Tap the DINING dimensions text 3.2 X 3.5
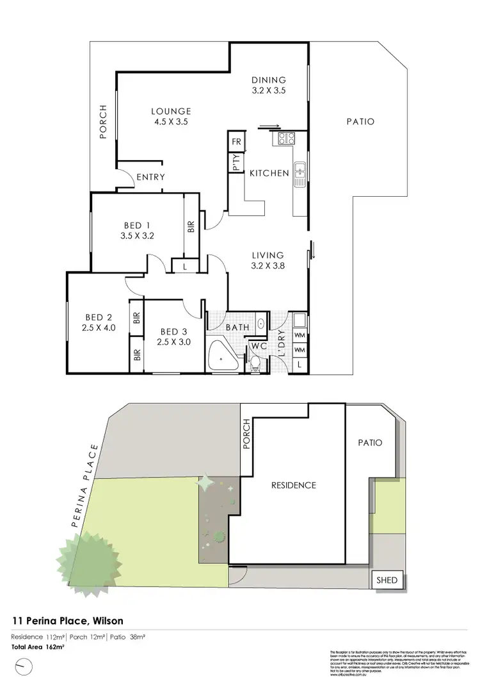[268, 90]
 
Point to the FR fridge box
[236, 142]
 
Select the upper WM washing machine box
[299, 335]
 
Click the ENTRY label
[151, 178]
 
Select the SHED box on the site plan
[387, 581]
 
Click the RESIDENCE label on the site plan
[294, 485]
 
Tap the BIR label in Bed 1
[190, 227]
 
